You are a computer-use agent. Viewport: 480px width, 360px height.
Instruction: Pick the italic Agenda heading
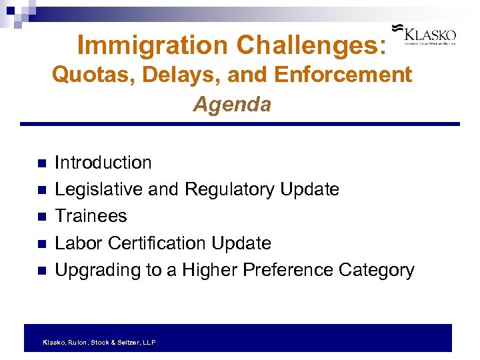pos(232,105)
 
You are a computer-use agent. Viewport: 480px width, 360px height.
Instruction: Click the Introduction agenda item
pos(103,163)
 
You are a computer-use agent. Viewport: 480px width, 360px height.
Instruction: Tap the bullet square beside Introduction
pos(41,163)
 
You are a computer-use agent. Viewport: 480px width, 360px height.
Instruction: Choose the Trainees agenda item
pos(91,216)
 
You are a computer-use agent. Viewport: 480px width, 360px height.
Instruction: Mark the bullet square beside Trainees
pos(41,217)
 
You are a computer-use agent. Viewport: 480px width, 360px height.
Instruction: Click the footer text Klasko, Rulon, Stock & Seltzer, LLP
pos(99,342)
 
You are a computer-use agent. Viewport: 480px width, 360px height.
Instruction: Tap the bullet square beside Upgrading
pos(41,271)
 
